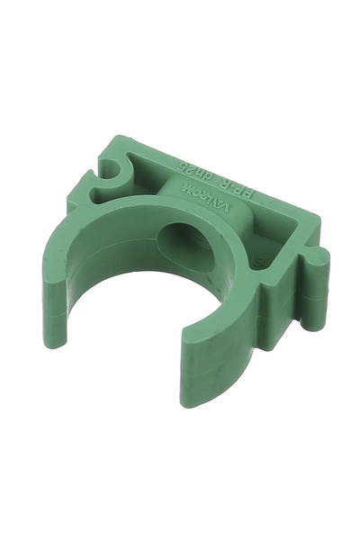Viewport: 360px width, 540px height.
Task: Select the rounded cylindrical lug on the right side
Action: click(x=317, y=279)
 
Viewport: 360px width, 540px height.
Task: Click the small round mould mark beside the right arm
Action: click(x=255, y=263)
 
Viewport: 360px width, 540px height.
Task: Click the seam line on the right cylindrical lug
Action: click(x=316, y=292)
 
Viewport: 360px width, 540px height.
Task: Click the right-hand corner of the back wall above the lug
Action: click(x=315, y=220)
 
